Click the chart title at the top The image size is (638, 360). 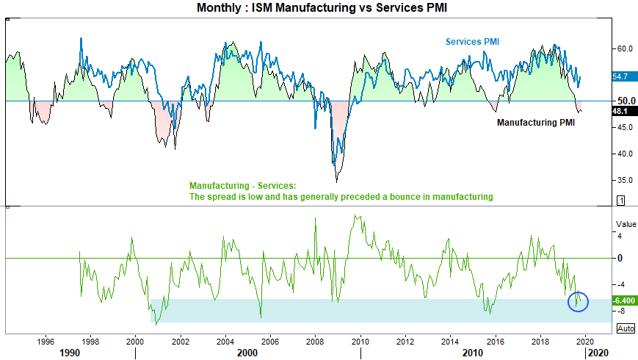click(x=319, y=8)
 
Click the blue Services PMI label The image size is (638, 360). click(x=471, y=42)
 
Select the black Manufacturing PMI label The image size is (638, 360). click(x=535, y=123)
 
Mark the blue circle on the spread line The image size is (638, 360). click(x=579, y=301)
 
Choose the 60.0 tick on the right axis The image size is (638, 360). click(x=626, y=48)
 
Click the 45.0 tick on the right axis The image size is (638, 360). click(x=626, y=128)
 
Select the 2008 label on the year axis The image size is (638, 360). click(x=315, y=341)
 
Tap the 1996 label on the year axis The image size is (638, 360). click(x=46, y=341)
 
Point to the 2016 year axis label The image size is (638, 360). click(x=496, y=341)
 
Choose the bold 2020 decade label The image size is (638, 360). click(x=597, y=353)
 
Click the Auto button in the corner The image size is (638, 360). click(x=626, y=328)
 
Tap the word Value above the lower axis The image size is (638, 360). click(x=626, y=224)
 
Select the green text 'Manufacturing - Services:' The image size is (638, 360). click(x=242, y=186)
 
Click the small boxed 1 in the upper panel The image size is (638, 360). click(x=620, y=201)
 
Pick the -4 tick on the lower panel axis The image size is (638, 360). click(x=621, y=284)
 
